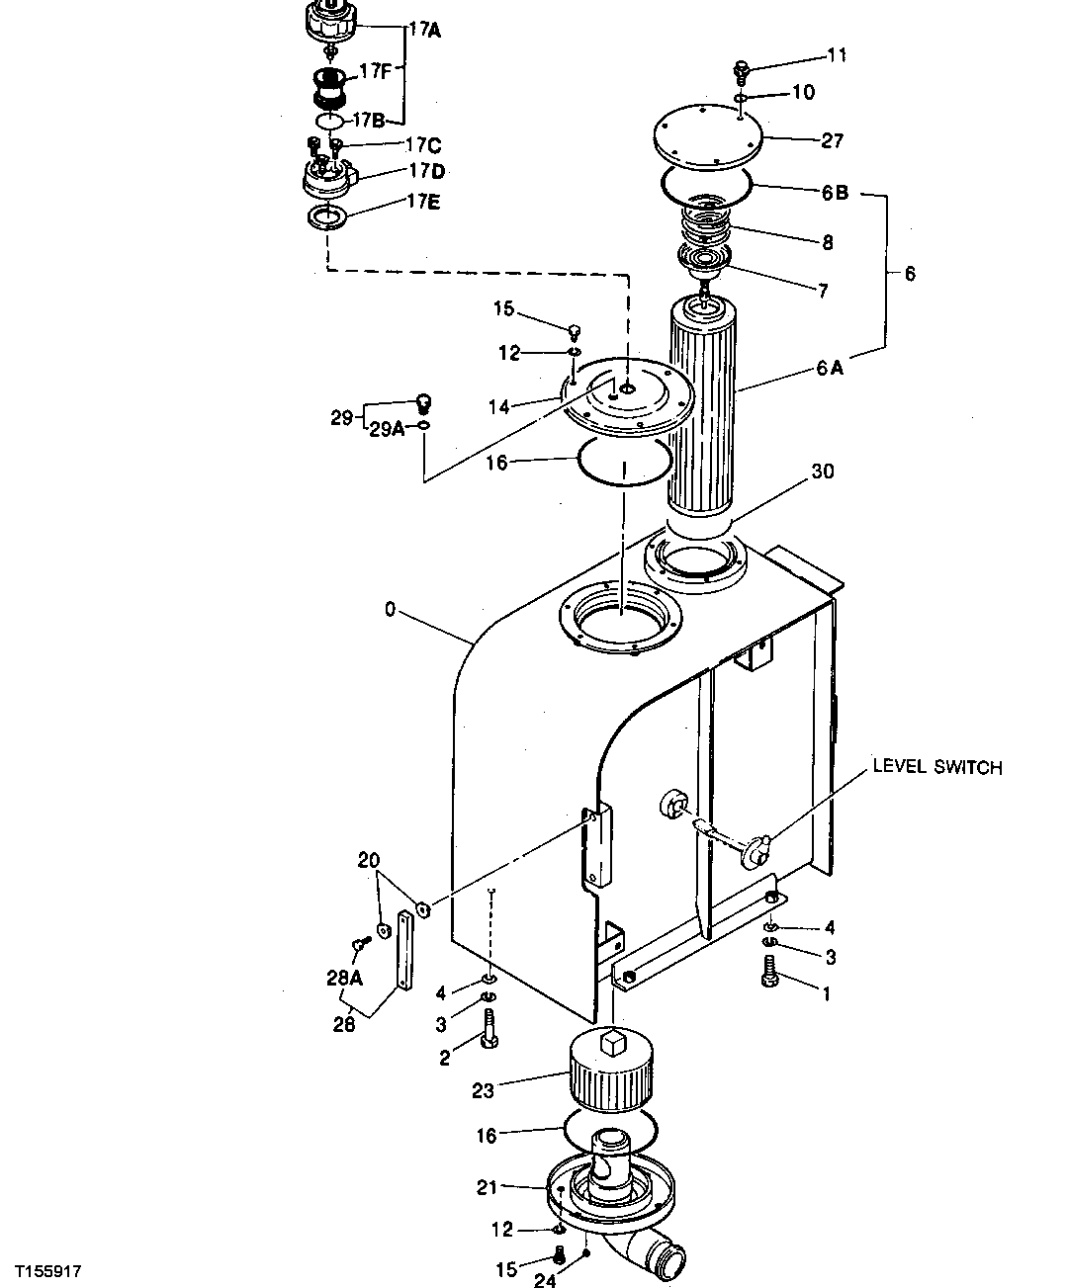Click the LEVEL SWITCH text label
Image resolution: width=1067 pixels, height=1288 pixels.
tap(935, 767)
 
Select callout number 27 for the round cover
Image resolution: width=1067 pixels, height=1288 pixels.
tap(833, 140)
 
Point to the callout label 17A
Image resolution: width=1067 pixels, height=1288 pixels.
tap(424, 30)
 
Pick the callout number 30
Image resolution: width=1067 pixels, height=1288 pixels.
tap(822, 472)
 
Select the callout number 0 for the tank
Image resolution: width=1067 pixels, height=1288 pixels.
tap(390, 610)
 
